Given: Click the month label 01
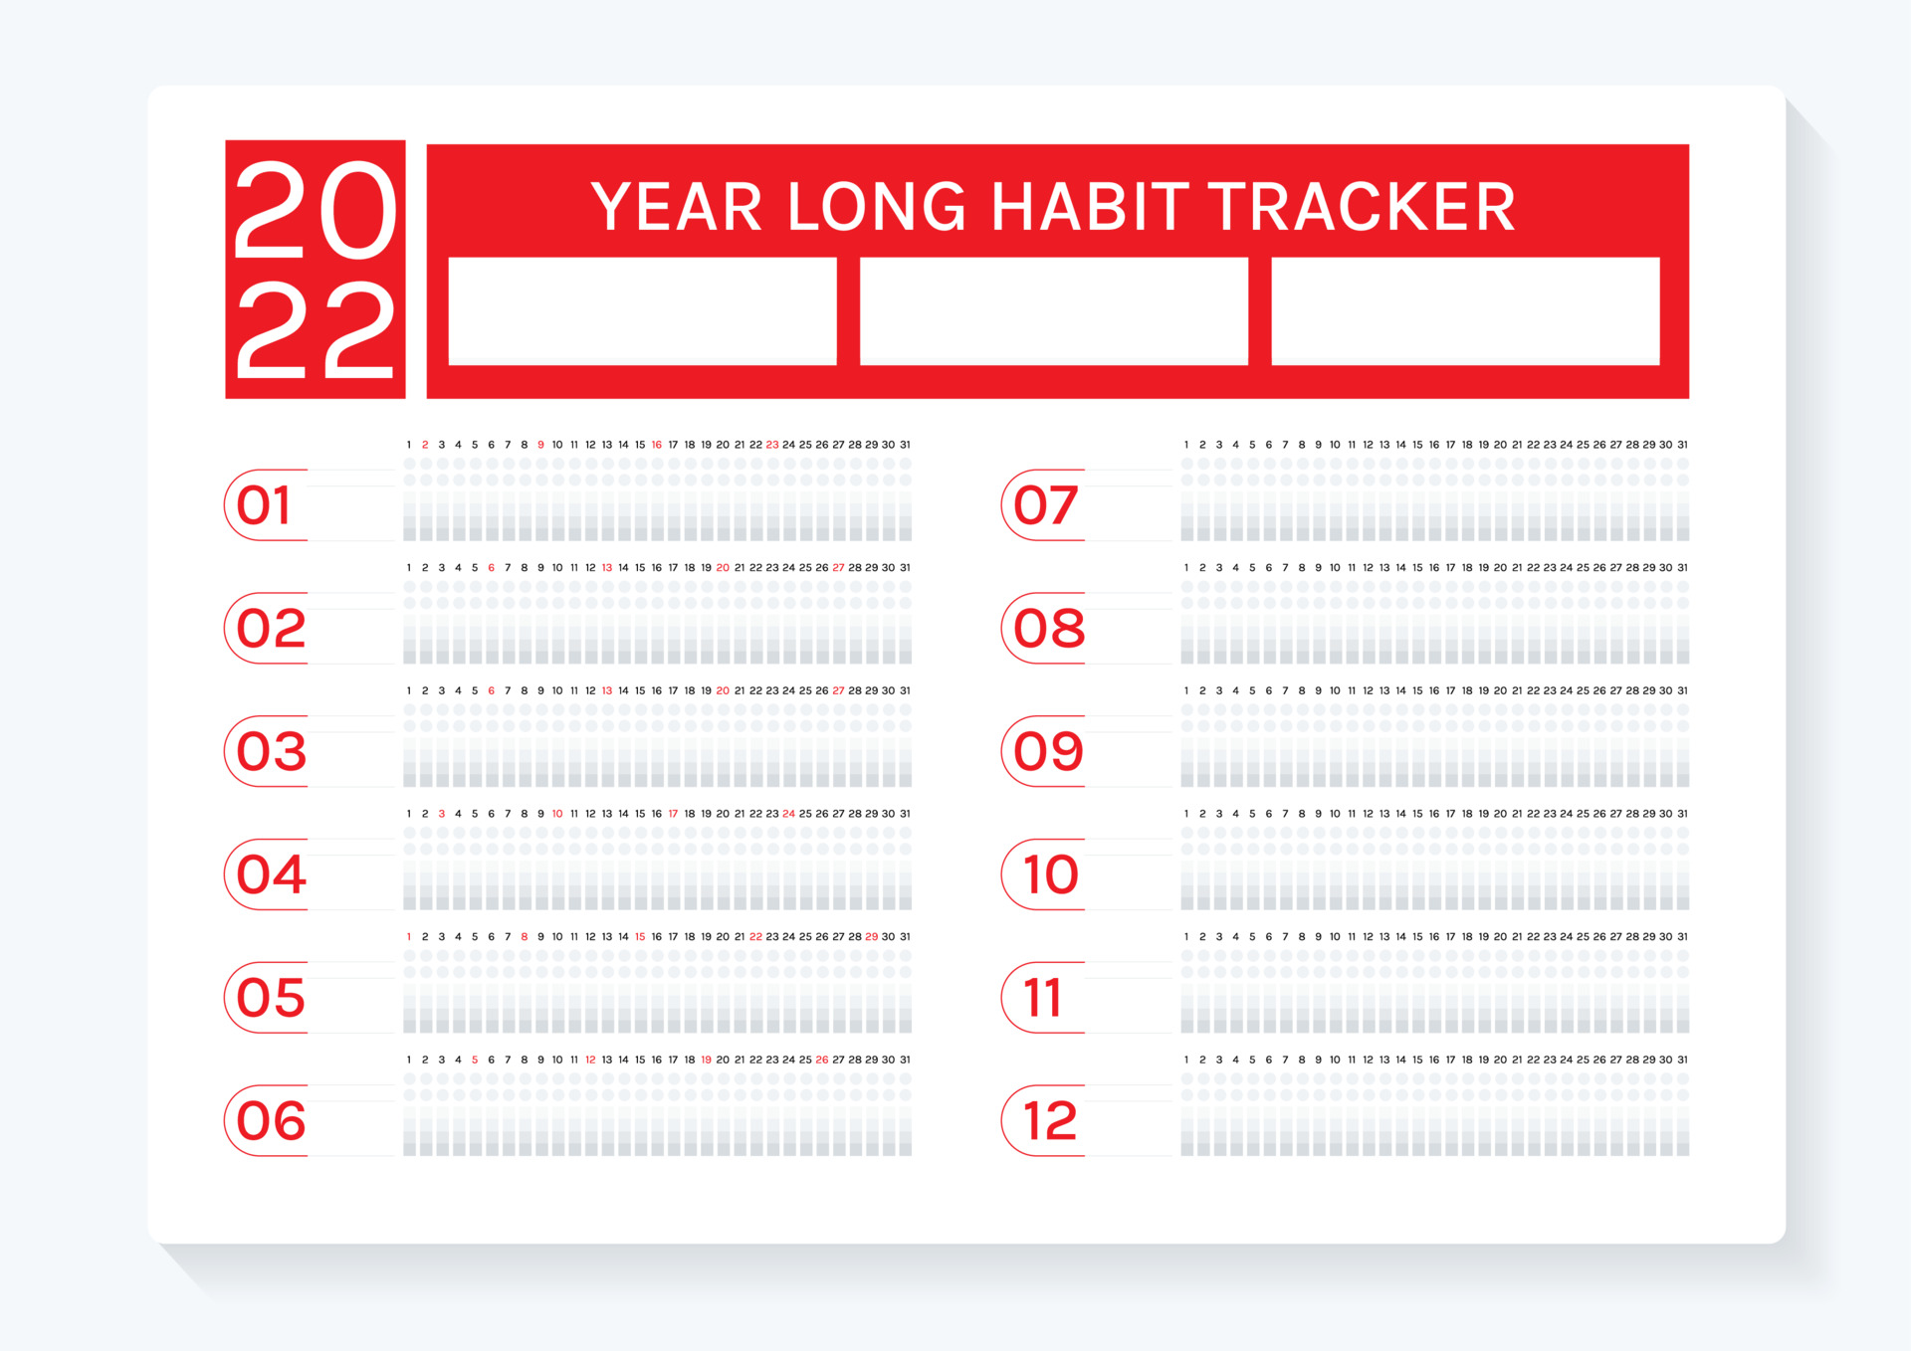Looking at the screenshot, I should tap(265, 505).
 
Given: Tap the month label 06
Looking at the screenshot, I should tap(271, 1121).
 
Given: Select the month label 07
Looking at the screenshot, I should tap(1045, 505).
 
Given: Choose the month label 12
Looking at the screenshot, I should tap(1050, 1121).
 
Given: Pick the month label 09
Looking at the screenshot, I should tap(1048, 751).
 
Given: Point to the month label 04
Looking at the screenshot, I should tap(271, 874).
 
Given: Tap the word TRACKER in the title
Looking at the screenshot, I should tap(1362, 208).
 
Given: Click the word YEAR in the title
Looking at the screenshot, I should tap(677, 208).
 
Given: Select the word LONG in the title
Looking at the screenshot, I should tap(876, 208).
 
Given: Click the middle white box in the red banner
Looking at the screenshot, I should tap(1053, 311).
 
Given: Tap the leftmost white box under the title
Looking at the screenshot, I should tap(642, 311).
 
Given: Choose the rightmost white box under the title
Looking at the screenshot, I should tap(1465, 311).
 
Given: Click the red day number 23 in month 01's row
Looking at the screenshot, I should tap(772, 445).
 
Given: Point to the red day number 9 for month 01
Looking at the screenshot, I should tap(540, 445).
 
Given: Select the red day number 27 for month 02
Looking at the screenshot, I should tap(838, 568).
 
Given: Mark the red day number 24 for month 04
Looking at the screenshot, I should tap(788, 814).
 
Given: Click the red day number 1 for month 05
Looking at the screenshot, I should tap(409, 937).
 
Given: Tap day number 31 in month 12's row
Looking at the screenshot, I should tap(1682, 1060).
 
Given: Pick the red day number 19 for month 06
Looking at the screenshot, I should tap(706, 1060).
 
